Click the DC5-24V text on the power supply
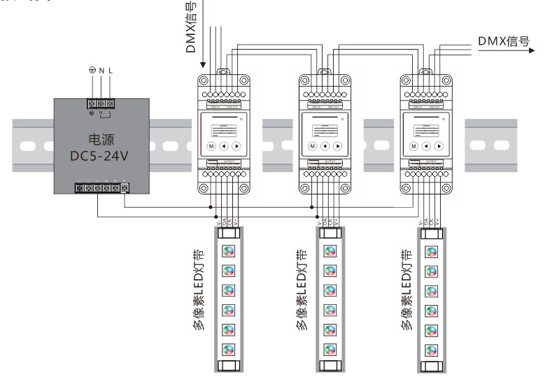pyautogui.click(x=100, y=155)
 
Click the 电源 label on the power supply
pyautogui.click(x=100, y=138)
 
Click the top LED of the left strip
pyautogui.click(x=227, y=250)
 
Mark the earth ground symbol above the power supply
pyautogui.click(x=91, y=70)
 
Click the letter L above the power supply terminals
pyautogui.click(x=111, y=70)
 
